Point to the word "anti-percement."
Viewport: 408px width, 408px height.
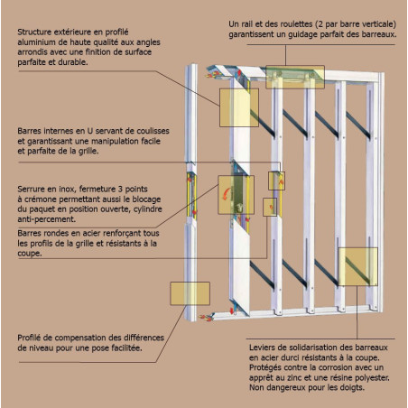[47, 219]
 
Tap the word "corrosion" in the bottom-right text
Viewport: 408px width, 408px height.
[345, 367]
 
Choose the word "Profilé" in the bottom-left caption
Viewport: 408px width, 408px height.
[32, 338]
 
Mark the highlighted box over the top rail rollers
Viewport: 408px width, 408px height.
[295, 77]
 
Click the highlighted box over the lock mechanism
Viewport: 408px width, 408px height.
[236, 195]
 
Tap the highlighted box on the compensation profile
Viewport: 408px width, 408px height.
[190, 293]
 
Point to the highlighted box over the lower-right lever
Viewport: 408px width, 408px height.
[358, 266]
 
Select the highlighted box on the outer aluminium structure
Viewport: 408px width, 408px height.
[239, 107]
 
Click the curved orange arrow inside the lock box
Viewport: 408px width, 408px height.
[226, 193]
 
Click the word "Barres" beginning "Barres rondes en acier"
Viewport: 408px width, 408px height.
[30, 233]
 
